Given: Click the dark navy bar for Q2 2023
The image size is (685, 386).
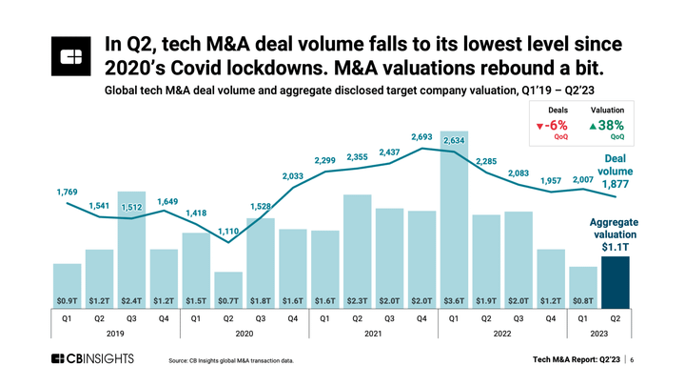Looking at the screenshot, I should (615, 282).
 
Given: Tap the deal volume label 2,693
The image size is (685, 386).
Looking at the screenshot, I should (421, 137).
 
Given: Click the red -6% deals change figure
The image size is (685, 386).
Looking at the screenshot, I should (552, 125).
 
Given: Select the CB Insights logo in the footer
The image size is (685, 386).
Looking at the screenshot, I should (93, 359).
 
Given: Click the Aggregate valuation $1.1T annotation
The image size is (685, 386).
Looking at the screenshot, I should (615, 234).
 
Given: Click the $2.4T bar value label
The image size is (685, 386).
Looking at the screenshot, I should (132, 299).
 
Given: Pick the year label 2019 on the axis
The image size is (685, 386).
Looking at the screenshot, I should (116, 335).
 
